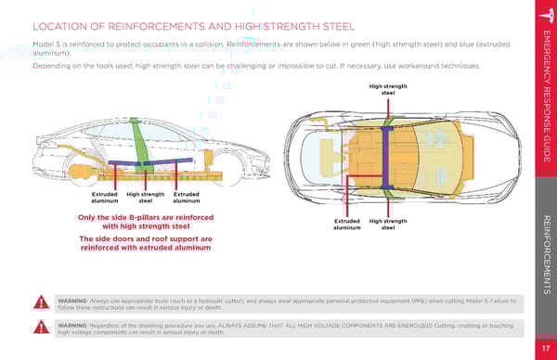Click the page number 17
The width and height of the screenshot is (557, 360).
(546, 348)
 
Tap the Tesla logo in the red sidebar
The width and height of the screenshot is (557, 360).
(548, 15)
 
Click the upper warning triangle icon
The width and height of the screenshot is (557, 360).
(41, 302)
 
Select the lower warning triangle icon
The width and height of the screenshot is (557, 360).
(41, 327)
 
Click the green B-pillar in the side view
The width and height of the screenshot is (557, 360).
(141, 146)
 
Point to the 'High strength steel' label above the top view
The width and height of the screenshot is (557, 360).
(388, 89)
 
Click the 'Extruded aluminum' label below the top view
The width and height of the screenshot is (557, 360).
(347, 225)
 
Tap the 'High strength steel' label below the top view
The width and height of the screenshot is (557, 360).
(388, 225)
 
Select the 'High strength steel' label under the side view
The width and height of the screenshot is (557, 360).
(146, 198)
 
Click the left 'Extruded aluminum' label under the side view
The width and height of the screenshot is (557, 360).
(104, 198)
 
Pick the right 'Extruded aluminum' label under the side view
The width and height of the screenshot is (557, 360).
(187, 198)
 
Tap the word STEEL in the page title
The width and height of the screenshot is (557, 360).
(339, 27)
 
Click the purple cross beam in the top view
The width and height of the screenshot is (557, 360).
(386, 158)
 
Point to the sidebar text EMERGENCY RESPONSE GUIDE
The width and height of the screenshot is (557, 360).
(547, 96)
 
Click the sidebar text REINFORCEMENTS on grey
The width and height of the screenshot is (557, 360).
(547, 255)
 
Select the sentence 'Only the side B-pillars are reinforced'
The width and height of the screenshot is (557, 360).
(146, 217)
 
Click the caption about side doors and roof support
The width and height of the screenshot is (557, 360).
(146, 243)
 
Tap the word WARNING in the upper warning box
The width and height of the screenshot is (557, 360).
(72, 301)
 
